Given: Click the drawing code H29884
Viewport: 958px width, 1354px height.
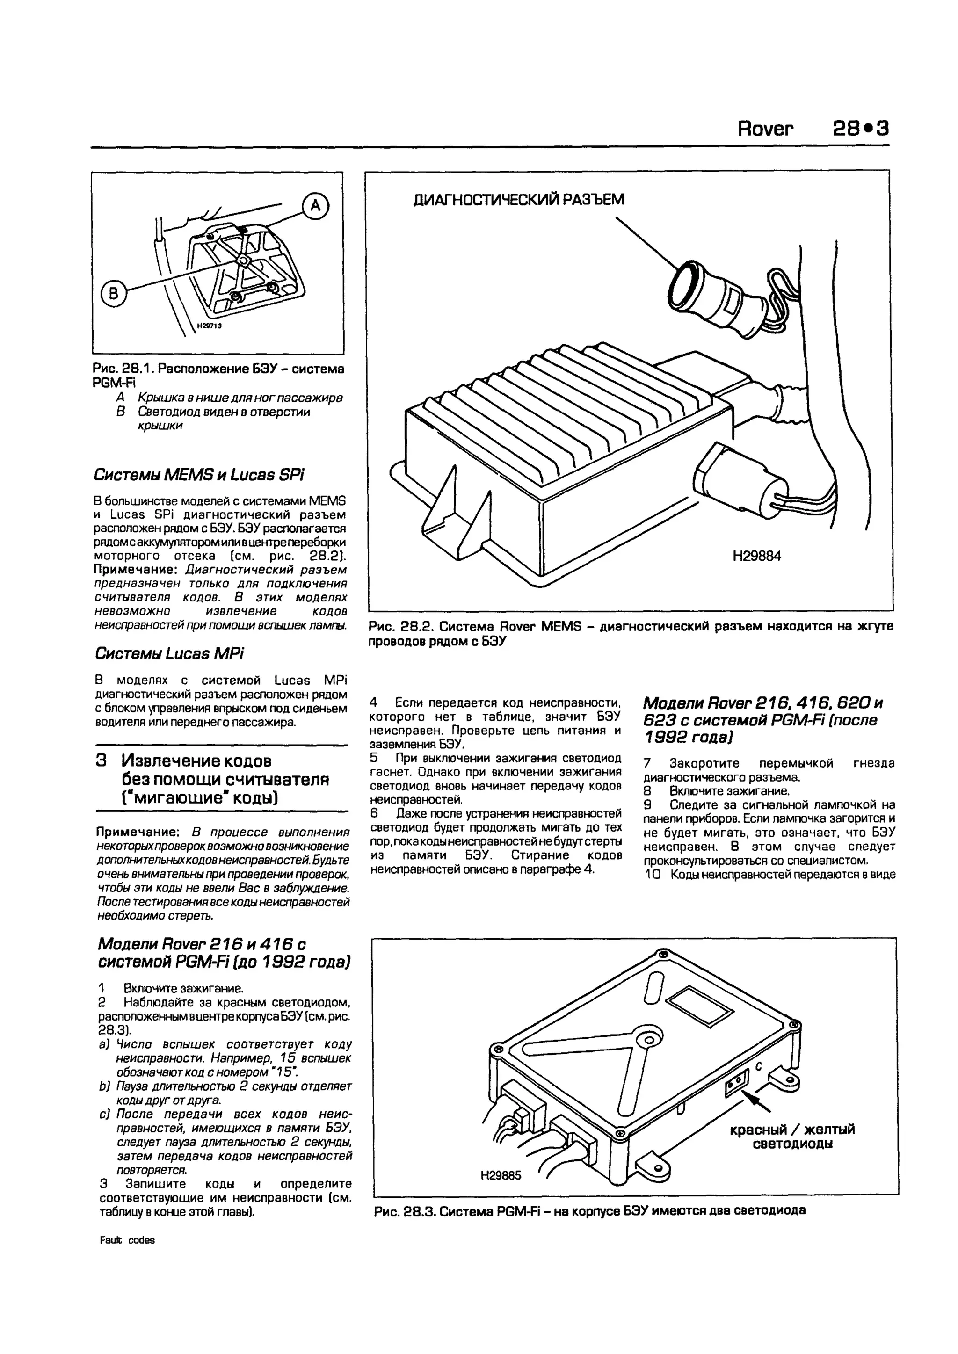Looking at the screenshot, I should tap(756, 556).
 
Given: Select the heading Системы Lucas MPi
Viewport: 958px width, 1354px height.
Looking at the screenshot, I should tap(169, 653).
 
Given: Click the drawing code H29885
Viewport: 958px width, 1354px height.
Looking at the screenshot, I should tap(501, 1176).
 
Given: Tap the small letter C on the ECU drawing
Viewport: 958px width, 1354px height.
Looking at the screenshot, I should tap(759, 1067).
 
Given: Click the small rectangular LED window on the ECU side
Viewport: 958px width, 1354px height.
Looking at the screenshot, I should tap(736, 1082).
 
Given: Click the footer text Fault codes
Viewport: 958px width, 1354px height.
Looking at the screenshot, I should tap(127, 1240).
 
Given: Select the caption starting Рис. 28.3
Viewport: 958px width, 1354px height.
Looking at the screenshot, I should tap(590, 1211).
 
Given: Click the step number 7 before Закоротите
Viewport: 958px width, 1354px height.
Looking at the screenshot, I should tap(647, 763).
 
